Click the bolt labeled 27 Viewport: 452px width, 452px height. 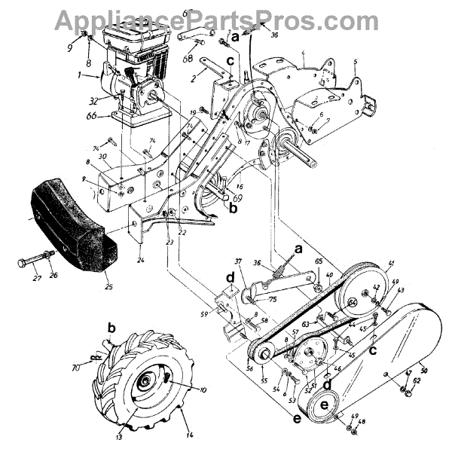(34, 264)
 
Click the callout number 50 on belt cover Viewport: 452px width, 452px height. (423, 370)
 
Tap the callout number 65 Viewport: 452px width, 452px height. (319, 261)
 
